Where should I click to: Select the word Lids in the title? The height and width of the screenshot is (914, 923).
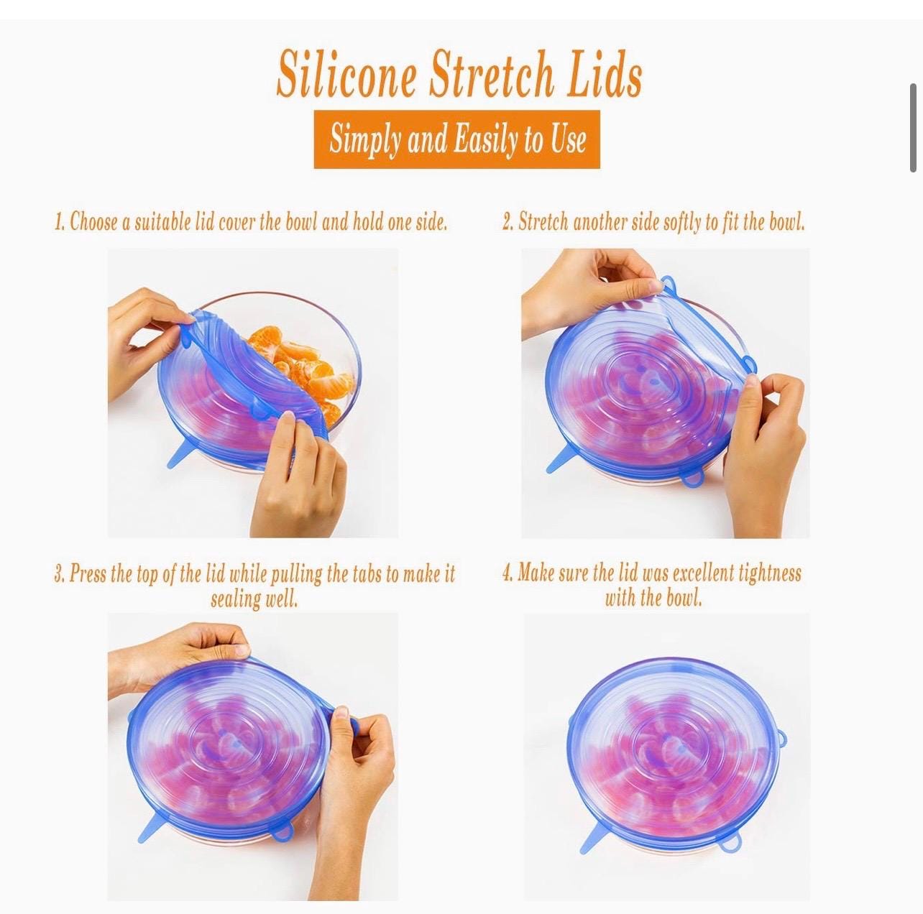point(603,74)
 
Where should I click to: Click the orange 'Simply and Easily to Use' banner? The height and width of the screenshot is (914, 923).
point(456,139)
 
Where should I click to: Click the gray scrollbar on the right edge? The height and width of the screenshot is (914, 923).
point(913,128)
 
